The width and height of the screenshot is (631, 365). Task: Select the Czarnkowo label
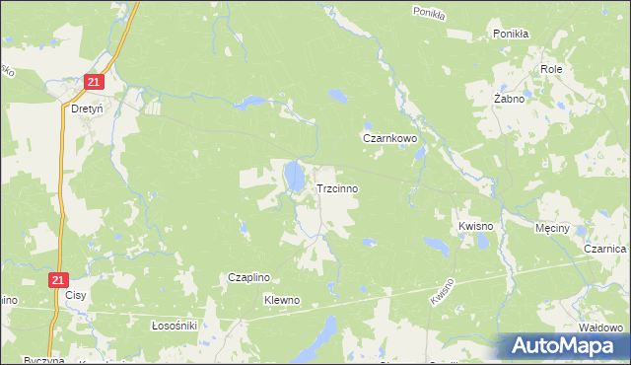click(390, 139)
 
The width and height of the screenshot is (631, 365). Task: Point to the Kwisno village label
click(475, 226)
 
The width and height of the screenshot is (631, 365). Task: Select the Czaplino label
click(249, 278)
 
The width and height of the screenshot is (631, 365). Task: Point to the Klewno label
click(281, 299)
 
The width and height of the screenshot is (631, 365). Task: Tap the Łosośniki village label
click(175, 325)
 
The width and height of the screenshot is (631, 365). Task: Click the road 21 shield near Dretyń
click(94, 83)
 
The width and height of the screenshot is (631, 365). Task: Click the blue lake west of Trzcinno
click(294, 178)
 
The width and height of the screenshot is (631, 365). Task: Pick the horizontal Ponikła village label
click(512, 33)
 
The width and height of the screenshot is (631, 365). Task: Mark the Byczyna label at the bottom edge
click(43, 360)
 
